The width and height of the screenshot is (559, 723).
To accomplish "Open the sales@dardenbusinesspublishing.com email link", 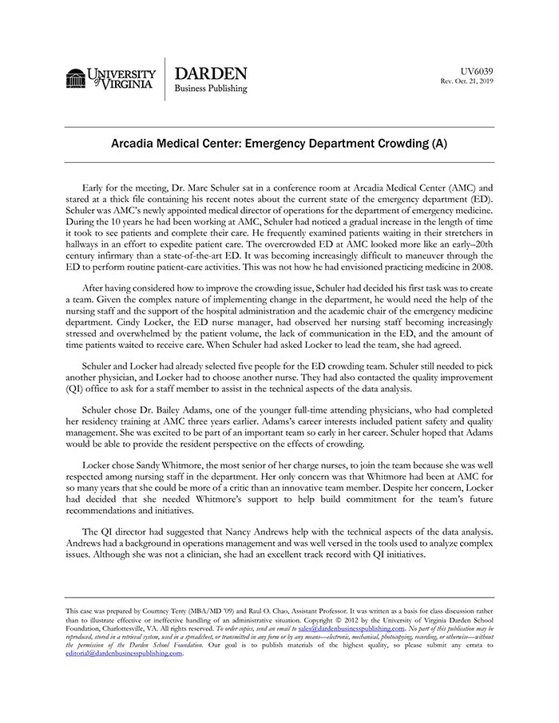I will point(351,630).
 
